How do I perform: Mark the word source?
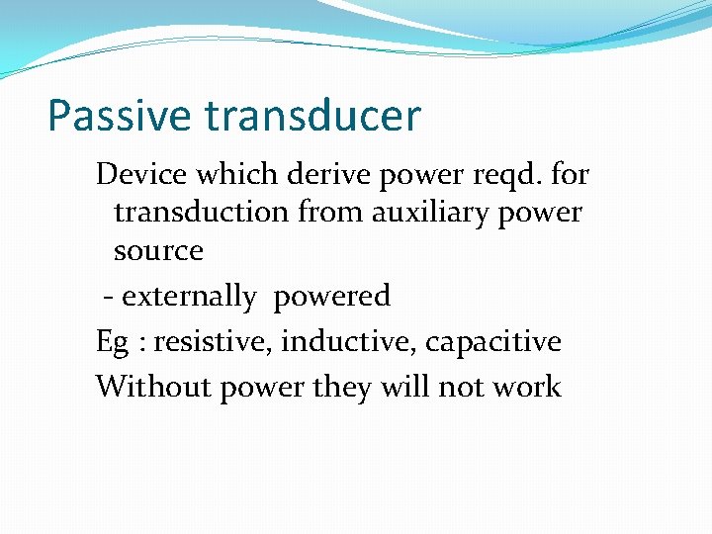pyautogui.click(x=158, y=251)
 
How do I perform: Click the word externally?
pyautogui.click(x=188, y=296)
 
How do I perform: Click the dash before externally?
pyautogui.click(x=108, y=297)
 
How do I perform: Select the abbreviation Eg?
pyautogui.click(x=111, y=343)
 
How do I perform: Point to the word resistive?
pyautogui.click(x=213, y=342)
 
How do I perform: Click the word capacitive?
pyautogui.click(x=493, y=343)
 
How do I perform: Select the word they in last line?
pyautogui.click(x=341, y=388)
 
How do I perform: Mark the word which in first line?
pyautogui.click(x=232, y=175)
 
